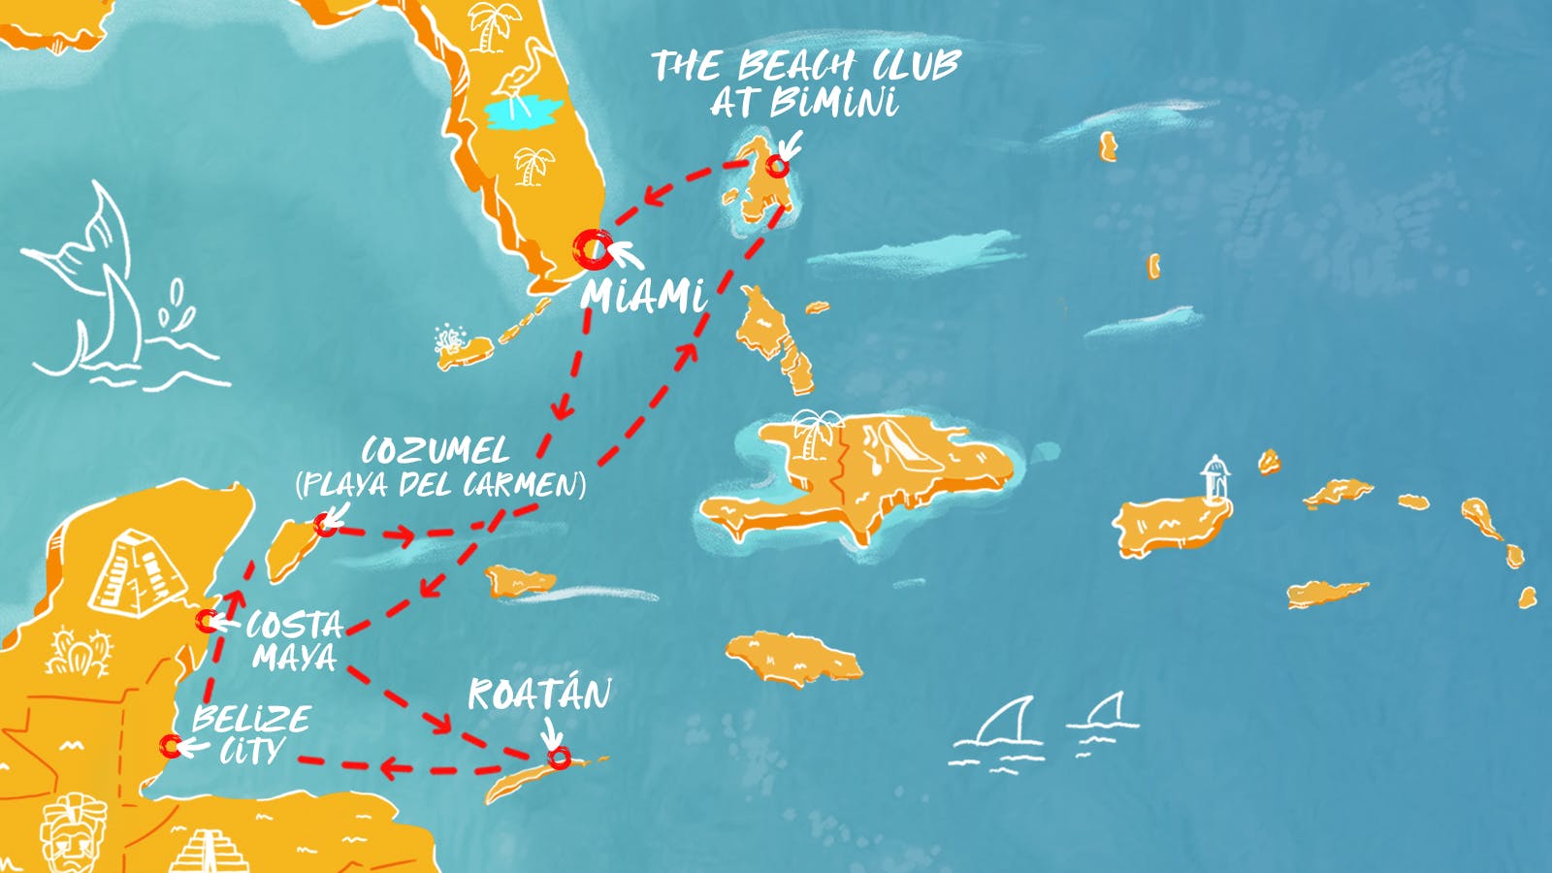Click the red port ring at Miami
point(592,249)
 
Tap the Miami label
point(643,295)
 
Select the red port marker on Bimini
point(777,166)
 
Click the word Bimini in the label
point(833,102)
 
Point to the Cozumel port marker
point(326,525)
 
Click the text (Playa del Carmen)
point(440,484)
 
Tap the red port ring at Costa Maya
point(207,620)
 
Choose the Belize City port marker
point(171,746)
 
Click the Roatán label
point(539,695)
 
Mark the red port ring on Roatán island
point(559,758)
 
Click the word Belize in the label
point(251,719)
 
